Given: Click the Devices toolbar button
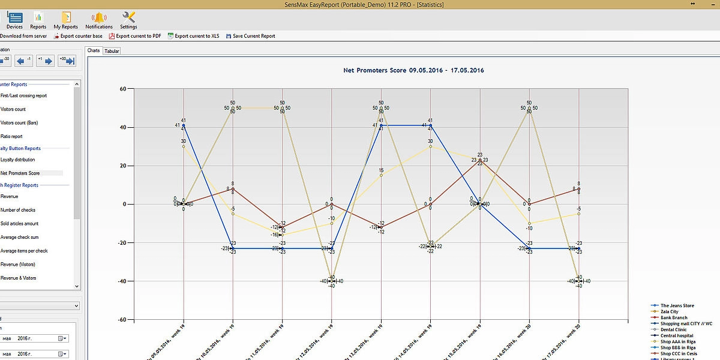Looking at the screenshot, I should (x=14, y=20).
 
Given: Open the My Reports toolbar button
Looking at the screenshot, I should (x=65, y=20).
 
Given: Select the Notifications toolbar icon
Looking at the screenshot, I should (x=99, y=20).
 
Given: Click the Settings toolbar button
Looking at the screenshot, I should (x=128, y=20).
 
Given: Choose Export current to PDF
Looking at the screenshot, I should (x=135, y=36).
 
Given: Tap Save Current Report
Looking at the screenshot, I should (x=250, y=36).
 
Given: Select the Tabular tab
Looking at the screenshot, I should (x=112, y=51).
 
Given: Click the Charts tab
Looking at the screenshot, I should (x=94, y=50).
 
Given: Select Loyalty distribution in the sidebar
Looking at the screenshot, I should (x=17, y=160).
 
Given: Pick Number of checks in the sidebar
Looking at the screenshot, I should (x=18, y=210).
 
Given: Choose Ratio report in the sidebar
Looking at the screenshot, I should (x=11, y=136).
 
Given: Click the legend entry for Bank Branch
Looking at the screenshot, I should (x=674, y=318).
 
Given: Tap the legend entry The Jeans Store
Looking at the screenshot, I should (x=677, y=306).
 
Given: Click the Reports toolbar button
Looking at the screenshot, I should (x=38, y=20).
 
